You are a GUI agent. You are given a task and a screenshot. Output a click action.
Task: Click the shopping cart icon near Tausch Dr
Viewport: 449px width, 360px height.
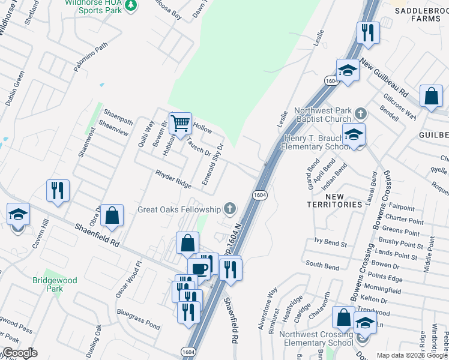point(180,124)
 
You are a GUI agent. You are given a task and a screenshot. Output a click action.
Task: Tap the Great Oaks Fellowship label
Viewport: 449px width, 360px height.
point(179,209)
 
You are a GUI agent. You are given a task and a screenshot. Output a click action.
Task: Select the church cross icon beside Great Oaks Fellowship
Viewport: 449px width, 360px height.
point(229,209)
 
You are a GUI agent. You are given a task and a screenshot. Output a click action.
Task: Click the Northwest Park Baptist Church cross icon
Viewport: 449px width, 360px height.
point(360,113)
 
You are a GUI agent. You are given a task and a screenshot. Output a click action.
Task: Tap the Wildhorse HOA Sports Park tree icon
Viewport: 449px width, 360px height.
point(131,5)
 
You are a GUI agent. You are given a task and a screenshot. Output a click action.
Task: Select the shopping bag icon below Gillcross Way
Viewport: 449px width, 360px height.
point(431,96)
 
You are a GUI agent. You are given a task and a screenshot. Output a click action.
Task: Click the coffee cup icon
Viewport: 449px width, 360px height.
point(199,268)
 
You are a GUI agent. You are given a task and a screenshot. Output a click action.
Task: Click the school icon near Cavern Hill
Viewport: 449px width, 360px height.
point(19,214)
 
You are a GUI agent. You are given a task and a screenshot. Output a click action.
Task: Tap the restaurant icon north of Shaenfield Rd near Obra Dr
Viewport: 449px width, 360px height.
point(58,191)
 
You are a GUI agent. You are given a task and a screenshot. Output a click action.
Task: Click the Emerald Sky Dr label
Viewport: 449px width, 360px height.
point(212,163)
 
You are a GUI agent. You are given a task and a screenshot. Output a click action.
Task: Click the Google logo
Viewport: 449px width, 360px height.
point(20,353)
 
